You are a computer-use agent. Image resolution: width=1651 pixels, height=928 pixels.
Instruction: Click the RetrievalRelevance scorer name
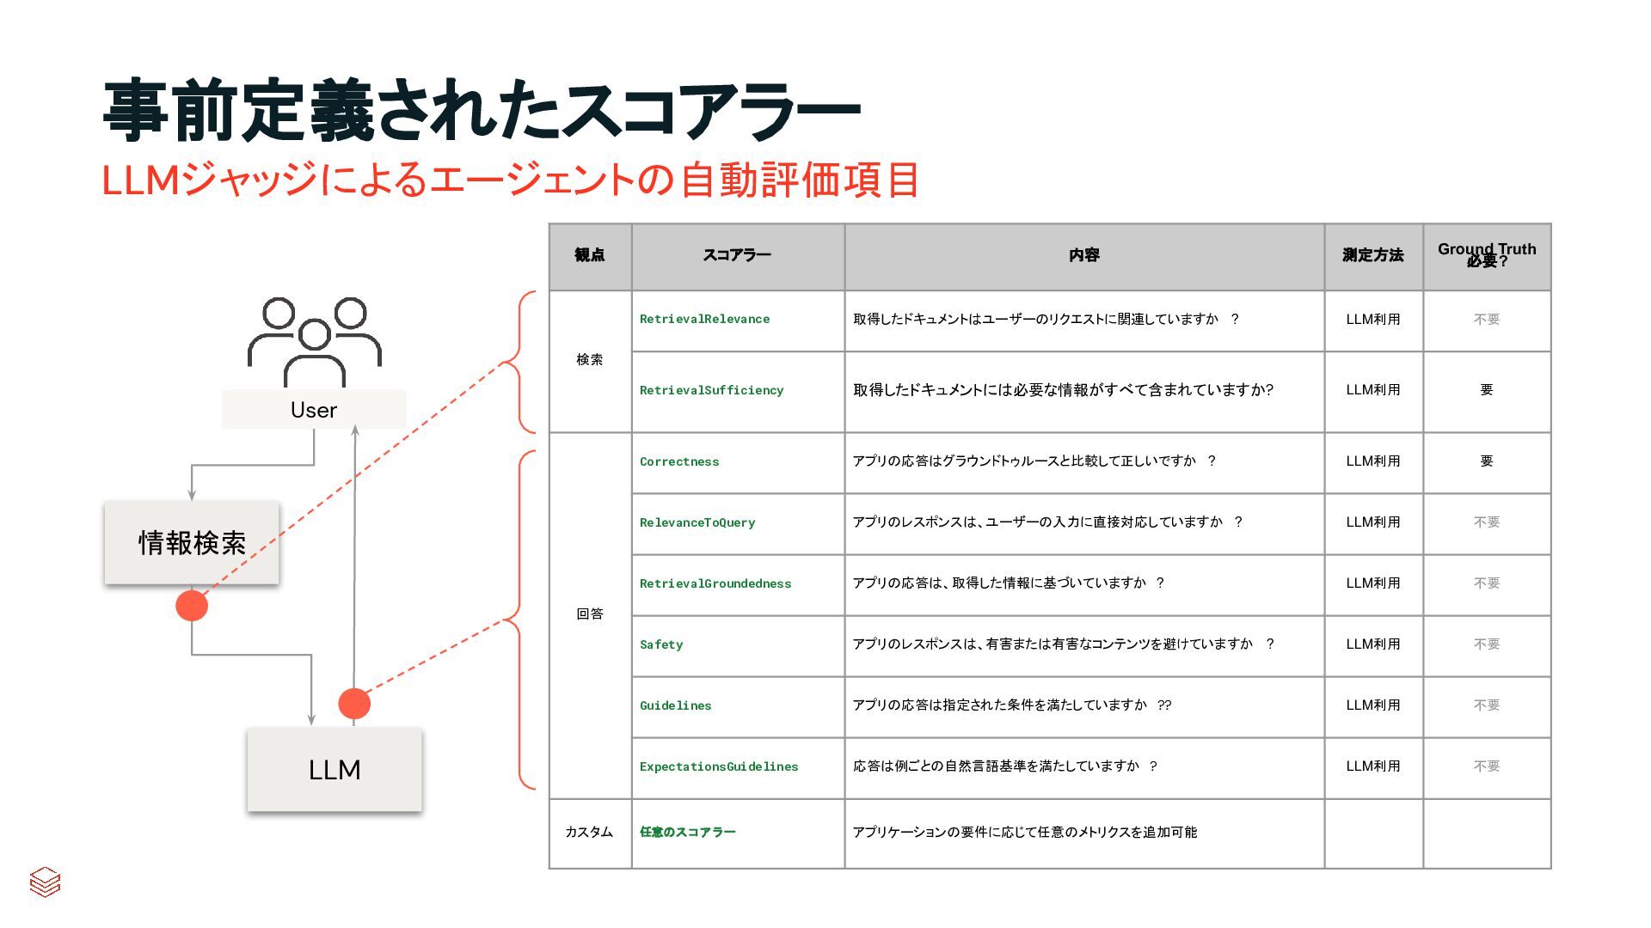[704, 319]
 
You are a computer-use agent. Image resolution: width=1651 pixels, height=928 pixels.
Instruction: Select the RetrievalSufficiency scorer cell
[711, 390]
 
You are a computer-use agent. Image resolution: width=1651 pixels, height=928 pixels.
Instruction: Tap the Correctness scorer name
[679, 461]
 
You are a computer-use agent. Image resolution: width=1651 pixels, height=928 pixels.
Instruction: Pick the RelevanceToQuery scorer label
[697, 522]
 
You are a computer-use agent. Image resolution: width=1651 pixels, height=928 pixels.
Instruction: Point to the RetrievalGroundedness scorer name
[715, 583]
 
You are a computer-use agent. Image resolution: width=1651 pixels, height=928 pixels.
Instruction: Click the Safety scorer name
[661, 644]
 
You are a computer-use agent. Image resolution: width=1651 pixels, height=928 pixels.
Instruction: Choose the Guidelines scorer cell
[676, 705]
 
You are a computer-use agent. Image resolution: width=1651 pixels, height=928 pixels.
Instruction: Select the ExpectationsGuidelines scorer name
[719, 766]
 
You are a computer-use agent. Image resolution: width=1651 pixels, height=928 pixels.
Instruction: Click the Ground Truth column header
[1487, 255]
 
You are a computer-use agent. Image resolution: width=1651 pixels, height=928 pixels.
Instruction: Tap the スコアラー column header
[737, 255]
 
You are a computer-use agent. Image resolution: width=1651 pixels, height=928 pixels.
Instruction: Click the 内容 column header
[1083, 255]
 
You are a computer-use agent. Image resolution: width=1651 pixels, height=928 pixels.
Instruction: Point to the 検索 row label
[590, 360]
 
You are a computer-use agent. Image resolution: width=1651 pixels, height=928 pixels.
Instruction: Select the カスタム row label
[589, 832]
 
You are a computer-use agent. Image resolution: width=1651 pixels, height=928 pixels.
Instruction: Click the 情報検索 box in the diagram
[192, 543]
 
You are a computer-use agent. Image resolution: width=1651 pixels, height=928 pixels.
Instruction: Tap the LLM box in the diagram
[334, 770]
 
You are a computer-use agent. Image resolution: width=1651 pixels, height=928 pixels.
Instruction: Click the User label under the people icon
[314, 410]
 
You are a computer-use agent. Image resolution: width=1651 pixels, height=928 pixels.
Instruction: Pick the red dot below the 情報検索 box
[192, 606]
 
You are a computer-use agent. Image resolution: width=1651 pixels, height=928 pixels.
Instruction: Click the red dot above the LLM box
[354, 704]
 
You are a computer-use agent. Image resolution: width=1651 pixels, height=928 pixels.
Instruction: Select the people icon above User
[315, 340]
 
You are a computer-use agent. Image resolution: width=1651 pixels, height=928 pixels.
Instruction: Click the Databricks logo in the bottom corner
[45, 882]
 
